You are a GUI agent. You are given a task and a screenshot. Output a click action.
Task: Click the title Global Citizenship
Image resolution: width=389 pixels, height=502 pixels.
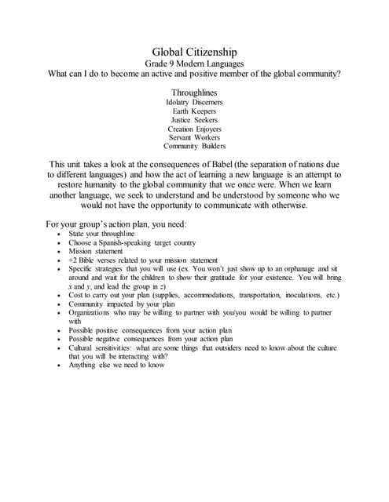pyautogui.click(x=194, y=51)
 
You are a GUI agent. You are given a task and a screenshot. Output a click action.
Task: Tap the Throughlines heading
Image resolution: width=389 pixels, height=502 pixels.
pyautogui.click(x=194, y=92)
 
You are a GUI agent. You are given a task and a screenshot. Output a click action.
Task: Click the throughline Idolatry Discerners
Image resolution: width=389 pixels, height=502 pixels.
pyautogui.click(x=194, y=102)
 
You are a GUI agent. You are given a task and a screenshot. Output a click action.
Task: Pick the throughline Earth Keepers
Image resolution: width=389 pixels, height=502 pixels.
pyautogui.click(x=194, y=111)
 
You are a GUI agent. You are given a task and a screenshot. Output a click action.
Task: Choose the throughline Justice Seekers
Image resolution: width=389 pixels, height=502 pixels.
pyautogui.click(x=194, y=120)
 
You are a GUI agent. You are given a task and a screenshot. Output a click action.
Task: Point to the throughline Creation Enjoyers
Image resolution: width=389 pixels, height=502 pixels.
pyautogui.click(x=194, y=129)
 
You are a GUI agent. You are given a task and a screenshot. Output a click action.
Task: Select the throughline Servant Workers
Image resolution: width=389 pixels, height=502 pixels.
pyautogui.click(x=194, y=137)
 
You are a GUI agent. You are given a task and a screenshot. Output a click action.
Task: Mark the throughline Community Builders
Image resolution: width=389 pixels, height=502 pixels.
pyautogui.click(x=194, y=146)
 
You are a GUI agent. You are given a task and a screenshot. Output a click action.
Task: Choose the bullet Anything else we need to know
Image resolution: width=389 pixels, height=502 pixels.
pyautogui.click(x=116, y=365)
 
